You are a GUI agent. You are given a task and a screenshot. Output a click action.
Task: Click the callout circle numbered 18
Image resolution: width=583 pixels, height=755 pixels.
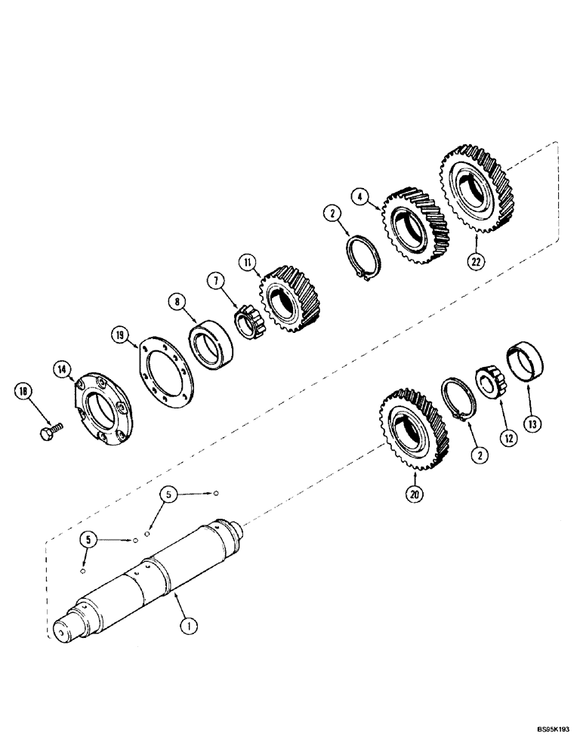coord(24,391)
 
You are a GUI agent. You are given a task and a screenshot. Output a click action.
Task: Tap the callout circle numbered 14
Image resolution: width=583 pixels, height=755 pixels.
coord(63,369)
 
